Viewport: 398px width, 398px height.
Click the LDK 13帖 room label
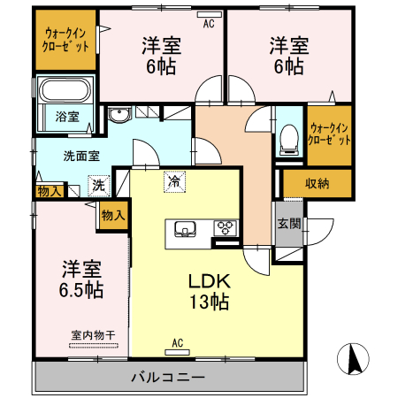click(209, 291)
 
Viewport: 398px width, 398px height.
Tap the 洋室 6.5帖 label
click(81, 278)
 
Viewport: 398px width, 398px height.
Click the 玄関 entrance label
click(287, 224)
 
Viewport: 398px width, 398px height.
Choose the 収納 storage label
click(318, 183)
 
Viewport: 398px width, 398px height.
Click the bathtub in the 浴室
click(66, 90)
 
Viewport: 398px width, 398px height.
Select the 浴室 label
click(67, 116)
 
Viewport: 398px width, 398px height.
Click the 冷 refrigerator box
click(173, 182)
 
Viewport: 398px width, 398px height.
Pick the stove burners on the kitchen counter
click(226, 227)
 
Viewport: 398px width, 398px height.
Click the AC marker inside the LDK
click(177, 343)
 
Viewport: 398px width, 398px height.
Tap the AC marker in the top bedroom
click(209, 24)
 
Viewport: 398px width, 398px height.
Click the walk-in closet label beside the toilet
click(328, 134)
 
